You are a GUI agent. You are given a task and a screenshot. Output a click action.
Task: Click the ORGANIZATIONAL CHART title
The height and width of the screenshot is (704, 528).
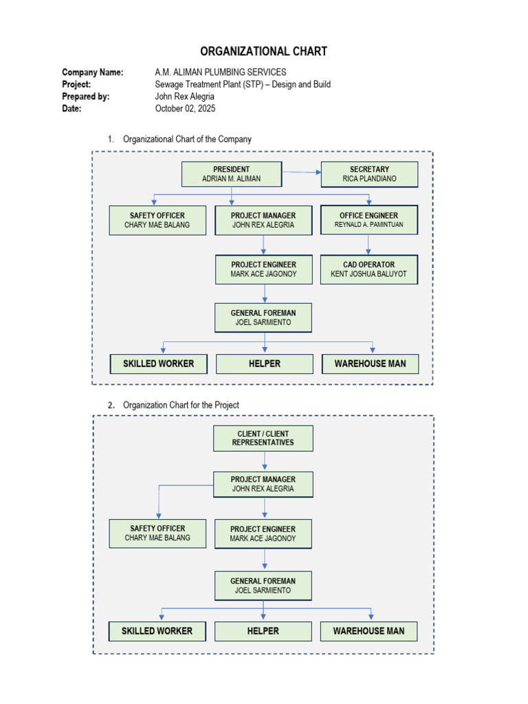(x=264, y=52)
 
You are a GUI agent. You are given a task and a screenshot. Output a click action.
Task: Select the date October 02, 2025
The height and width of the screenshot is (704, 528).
(x=186, y=108)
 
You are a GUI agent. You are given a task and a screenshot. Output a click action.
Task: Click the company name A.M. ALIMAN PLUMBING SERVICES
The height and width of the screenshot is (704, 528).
(x=221, y=72)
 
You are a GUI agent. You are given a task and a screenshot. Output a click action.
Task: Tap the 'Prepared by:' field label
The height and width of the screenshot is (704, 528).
(x=85, y=96)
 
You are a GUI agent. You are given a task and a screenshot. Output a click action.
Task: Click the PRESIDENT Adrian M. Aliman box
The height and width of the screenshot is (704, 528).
(x=231, y=174)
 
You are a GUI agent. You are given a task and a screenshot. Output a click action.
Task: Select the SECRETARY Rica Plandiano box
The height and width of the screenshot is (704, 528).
(x=369, y=174)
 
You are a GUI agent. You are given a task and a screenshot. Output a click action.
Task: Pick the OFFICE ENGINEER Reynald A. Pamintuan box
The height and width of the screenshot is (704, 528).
(x=368, y=220)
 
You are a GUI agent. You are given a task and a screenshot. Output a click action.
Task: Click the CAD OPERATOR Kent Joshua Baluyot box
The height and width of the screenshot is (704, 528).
(x=368, y=269)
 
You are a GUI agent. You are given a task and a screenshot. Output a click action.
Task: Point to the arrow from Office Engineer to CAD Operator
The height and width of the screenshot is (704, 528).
(x=368, y=245)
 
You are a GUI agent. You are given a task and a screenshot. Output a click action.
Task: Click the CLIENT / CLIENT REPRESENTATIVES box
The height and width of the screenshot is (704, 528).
(x=264, y=438)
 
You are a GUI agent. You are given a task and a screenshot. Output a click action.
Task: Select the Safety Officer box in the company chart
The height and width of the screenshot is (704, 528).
(x=157, y=220)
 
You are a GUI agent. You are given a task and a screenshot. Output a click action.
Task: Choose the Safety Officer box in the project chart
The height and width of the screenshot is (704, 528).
(x=157, y=533)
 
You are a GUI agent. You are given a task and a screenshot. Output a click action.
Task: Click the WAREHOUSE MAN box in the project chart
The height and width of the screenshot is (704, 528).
(x=368, y=630)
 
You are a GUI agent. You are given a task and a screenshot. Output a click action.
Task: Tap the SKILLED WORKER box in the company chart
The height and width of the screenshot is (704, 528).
(x=158, y=363)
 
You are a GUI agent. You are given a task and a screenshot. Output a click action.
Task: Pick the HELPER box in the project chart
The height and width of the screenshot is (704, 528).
(x=263, y=630)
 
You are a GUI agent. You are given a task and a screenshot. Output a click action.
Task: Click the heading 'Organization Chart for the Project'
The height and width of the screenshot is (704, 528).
(x=181, y=405)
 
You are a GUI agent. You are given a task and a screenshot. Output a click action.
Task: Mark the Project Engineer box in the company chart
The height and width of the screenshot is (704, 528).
(x=264, y=269)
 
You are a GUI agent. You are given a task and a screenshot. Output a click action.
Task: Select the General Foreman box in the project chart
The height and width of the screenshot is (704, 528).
(x=263, y=586)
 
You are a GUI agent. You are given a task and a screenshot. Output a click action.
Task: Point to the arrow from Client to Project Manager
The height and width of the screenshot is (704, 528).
(x=265, y=461)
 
